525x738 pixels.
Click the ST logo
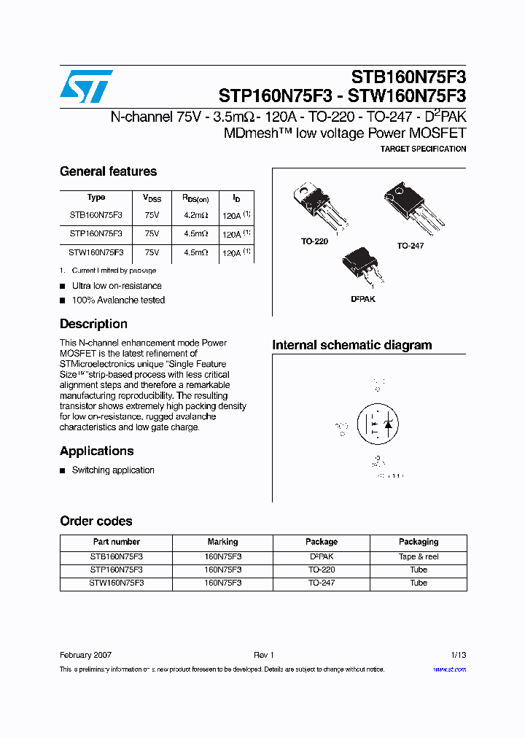pos(86,87)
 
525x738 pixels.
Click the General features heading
pos(108,171)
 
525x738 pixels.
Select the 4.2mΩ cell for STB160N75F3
pos(195,215)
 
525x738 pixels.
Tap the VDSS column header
pos(152,198)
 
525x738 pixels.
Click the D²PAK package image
pos(362,267)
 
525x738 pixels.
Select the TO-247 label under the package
pos(410,246)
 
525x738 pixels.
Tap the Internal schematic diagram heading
pos(351,345)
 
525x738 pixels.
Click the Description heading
pos(93,324)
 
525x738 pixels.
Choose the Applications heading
pos(96,451)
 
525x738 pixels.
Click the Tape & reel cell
pos(418,556)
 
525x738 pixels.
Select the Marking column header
pos(222,542)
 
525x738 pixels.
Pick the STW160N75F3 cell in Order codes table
pos(117,583)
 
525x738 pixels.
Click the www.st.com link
pos(449,669)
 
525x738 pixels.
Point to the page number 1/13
pos(457,655)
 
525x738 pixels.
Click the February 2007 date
pos(85,655)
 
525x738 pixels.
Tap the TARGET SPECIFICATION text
pos(423,149)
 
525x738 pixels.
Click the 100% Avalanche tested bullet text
pos(118,300)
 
